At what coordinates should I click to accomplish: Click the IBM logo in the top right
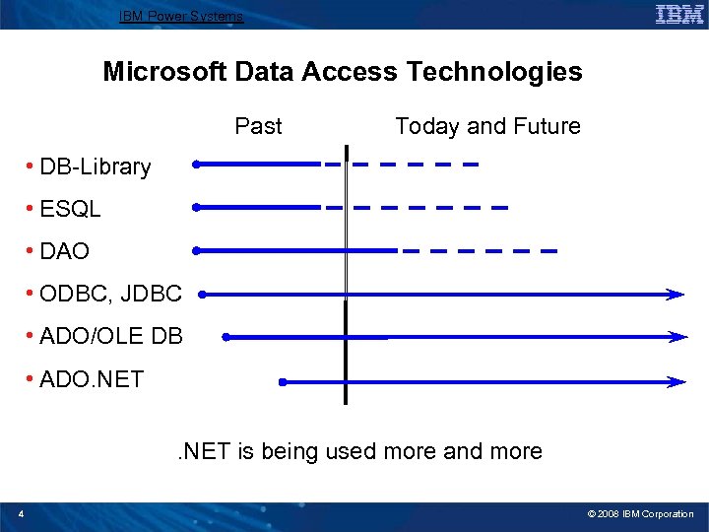coord(678,14)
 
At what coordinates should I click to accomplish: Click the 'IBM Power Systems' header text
coord(181,16)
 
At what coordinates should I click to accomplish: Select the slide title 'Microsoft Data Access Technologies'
coord(343,72)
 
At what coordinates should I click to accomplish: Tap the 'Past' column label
coord(258,126)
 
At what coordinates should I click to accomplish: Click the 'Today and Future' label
coord(487,126)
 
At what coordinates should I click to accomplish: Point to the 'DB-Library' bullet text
coord(95,166)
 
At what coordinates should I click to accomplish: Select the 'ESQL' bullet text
coord(70,209)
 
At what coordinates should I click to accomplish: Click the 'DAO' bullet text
coord(64,251)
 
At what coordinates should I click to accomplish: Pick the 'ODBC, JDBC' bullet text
coord(110,294)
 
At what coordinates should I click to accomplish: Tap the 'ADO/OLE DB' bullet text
coord(110,336)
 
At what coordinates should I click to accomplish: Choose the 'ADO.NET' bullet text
coord(91,378)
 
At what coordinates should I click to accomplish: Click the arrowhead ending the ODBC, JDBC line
coord(676,294)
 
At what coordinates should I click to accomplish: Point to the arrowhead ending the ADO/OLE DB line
coord(677,337)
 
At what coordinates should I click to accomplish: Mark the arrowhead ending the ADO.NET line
coord(677,381)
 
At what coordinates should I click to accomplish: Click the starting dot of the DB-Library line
coord(196,165)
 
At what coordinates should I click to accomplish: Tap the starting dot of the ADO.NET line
coord(282,381)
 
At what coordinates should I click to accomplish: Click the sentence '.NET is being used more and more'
coord(358,451)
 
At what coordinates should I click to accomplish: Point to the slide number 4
coord(21,513)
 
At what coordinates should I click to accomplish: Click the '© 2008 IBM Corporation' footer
coord(640,514)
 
